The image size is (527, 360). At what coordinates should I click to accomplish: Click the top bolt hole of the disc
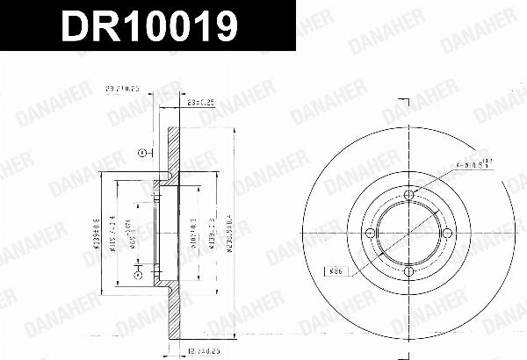pos(409,193)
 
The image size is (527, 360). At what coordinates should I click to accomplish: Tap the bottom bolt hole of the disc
pos(409,272)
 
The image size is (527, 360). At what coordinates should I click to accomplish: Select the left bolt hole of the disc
pos(370,233)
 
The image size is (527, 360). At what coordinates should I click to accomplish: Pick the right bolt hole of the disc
pos(449,233)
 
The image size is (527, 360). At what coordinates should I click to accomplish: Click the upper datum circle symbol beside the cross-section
pos(141,153)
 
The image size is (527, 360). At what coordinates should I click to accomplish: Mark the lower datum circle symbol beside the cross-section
pos(137,276)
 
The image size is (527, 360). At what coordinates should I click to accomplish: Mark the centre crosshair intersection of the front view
pos(409,233)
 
